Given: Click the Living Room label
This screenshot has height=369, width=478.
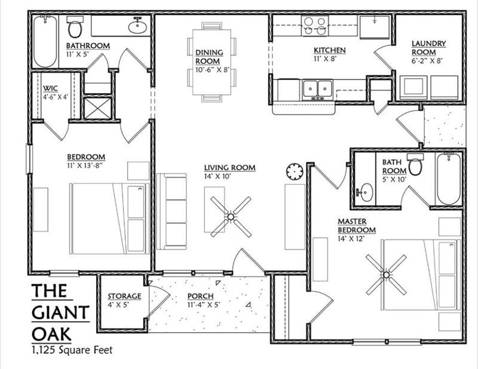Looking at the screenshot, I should click(229, 168).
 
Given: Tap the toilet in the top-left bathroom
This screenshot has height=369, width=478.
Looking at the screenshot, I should click(75, 27).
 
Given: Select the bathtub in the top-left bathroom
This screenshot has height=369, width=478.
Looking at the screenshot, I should click(45, 42).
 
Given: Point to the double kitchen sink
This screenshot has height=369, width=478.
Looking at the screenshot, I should click(317, 89).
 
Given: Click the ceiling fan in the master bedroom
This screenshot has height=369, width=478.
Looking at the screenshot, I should click(386, 275).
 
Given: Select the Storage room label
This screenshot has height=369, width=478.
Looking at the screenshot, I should click(124, 296).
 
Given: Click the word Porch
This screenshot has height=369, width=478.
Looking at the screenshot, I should click(200, 296).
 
